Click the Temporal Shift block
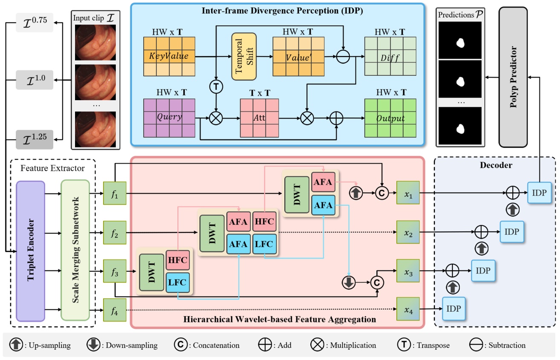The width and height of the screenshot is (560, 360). (243, 56)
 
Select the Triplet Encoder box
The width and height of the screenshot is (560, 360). (30, 251)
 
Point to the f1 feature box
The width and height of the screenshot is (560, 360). (115, 193)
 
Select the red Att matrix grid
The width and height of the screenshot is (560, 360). (260, 118)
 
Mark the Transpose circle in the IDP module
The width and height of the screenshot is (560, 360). (216, 87)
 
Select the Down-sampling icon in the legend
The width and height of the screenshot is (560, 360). (93, 345)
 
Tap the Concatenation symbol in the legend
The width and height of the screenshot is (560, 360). (181, 345)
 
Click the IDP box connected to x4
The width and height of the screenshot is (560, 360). (453, 309)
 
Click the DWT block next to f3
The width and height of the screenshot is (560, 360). (152, 273)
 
